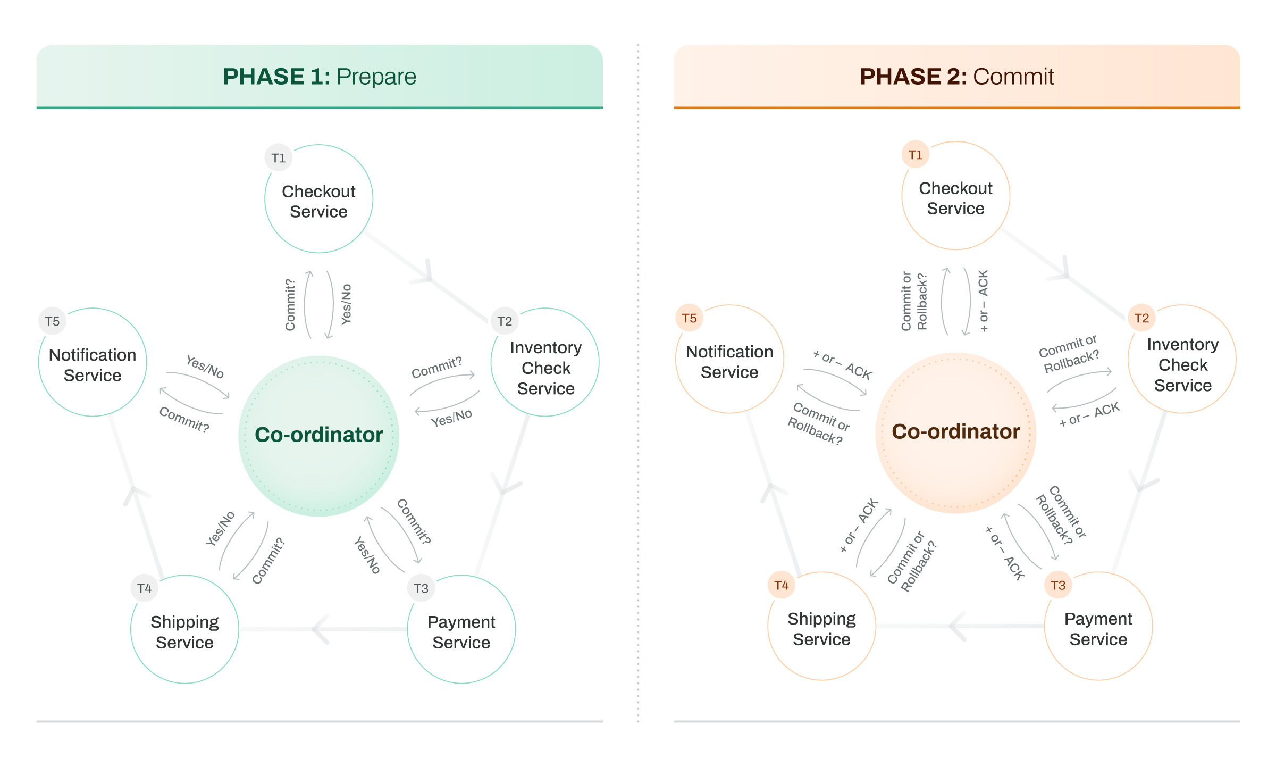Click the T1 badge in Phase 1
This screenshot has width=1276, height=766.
(x=279, y=158)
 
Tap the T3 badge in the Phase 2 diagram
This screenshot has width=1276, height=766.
(x=1058, y=585)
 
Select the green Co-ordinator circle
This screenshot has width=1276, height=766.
(x=319, y=435)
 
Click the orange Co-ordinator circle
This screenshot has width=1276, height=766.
(x=955, y=432)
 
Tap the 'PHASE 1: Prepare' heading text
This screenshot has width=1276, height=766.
(x=319, y=77)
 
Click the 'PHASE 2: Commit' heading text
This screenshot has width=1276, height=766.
(x=956, y=77)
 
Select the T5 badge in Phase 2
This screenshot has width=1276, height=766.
(x=689, y=318)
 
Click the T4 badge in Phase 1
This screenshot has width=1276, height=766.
(x=144, y=588)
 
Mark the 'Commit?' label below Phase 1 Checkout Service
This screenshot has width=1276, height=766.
(x=290, y=305)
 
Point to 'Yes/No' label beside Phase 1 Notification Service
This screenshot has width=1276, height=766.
(x=205, y=367)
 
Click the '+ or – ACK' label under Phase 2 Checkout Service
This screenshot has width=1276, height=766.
(x=983, y=301)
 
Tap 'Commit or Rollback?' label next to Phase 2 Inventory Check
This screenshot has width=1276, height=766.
(x=1069, y=354)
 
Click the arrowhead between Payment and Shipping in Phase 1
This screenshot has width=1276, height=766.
(x=321, y=629)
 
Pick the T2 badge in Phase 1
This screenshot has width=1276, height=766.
(x=505, y=321)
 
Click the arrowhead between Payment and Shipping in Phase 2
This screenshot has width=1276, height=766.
(x=957, y=626)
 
